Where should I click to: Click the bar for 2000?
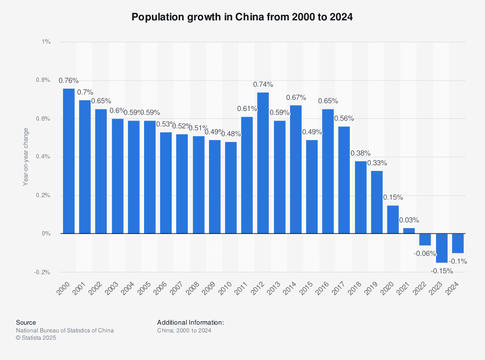point(68,161)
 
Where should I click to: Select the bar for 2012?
point(263,163)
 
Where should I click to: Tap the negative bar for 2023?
point(442,248)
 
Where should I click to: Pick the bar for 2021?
point(409,231)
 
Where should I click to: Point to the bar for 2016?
point(328,171)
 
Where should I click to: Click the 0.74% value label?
point(263,84)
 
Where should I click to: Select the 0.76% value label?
point(68,80)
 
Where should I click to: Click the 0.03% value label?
point(409,219)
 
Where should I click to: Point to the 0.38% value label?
point(360,153)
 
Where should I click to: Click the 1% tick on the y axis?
point(46,42)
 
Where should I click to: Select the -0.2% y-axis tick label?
point(43,272)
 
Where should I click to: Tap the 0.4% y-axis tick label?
point(43,157)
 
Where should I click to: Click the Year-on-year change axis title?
point(26,157)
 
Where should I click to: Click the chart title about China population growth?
point(242,17)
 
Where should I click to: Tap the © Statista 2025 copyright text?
point(36,338)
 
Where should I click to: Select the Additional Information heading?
point(191,322)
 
